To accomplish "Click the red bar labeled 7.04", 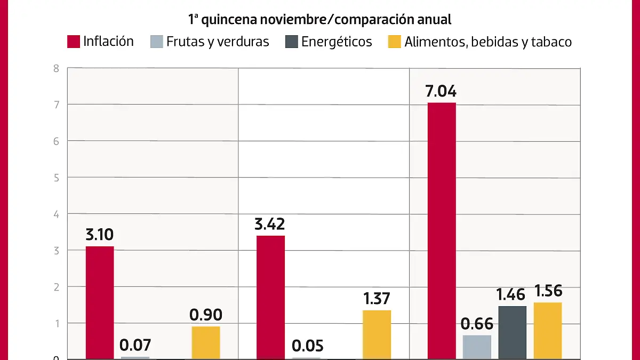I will (441, 229).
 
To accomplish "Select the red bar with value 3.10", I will (100, 301).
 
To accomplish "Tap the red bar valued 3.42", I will (270, 296).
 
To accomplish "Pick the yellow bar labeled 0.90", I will (206, 342).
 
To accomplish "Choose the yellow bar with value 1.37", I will (377, 334).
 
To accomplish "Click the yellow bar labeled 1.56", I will (548, 330).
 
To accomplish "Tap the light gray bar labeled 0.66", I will (477, 347).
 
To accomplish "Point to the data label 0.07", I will (135, 346).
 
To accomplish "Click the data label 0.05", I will (307, 346).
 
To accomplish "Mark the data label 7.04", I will (441, 91).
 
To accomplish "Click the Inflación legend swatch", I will (74, 42).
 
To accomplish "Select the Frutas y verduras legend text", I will (218, 42).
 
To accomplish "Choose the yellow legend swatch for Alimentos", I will (394, 42).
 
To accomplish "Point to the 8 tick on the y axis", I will (55, 68).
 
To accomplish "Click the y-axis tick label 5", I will (55, 178).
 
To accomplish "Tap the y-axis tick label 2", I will (55, 287).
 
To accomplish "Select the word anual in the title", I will (435, 20).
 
